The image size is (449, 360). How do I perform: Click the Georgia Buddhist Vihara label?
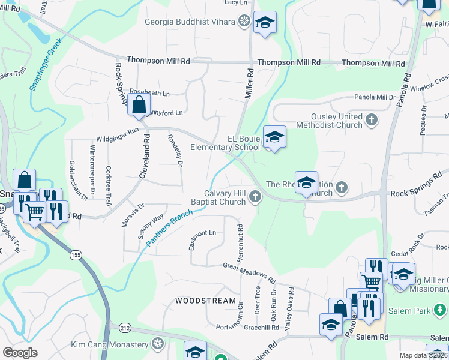click(x=190, y=22)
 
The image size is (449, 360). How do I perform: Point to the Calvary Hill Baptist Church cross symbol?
click(x=256, y=196)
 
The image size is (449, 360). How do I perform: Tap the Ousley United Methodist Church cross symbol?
click(x=372, y=120)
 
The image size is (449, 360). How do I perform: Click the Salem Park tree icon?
click(x=441, y=310)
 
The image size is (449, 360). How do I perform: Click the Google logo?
click(x=19, y=353)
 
